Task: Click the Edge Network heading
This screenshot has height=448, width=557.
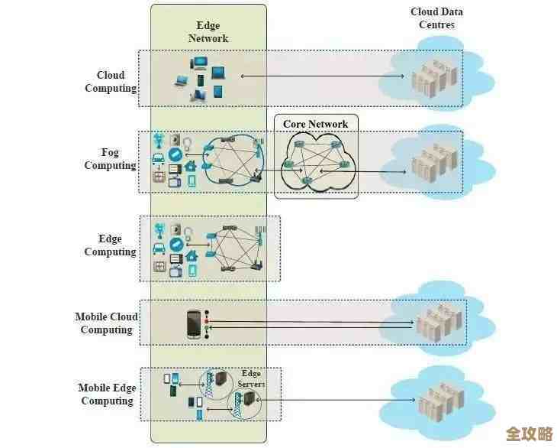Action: tap(208, 32)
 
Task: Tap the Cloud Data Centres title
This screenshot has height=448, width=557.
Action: tap(436, 18)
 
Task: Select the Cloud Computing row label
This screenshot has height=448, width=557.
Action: tap(111, 82)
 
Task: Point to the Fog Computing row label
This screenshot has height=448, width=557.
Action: tap(110, 159)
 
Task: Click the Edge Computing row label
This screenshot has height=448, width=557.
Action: tap(110, 245)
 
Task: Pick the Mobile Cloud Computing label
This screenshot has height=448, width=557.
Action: tap(107, 323)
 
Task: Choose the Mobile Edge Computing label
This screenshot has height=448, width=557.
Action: tap(107, 394)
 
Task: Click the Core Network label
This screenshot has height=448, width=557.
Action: tap(315, 124)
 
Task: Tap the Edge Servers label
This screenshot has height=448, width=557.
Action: tap(251, 378)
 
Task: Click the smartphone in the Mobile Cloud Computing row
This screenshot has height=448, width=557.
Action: tap(194, 324)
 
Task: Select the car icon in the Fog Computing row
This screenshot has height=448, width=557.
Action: tap(159, 159)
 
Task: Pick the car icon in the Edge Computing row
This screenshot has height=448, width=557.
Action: tap(159, 248)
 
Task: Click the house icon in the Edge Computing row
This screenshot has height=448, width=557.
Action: tap(192, 255)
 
